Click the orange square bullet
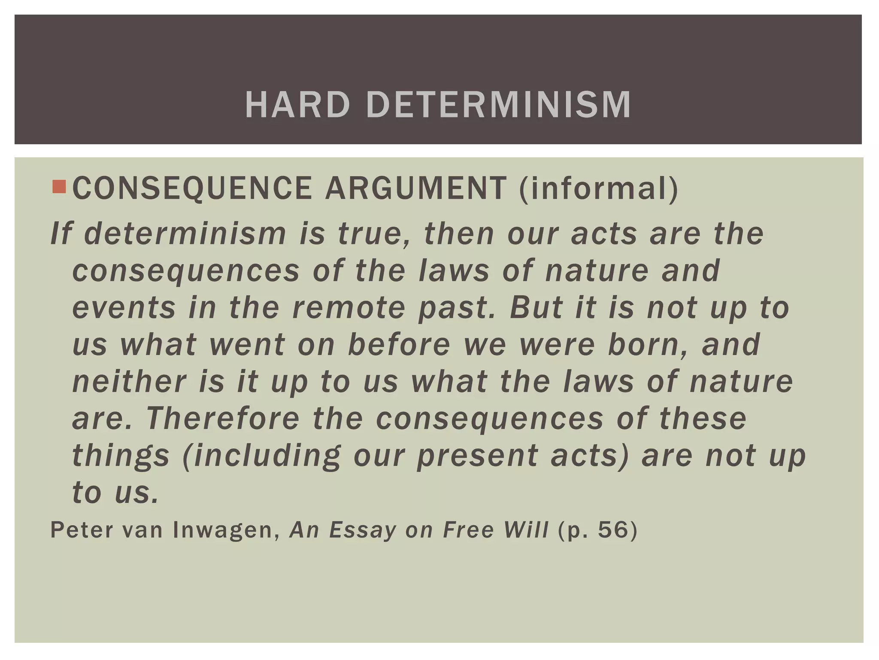[59, 186]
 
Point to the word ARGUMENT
[416, 189]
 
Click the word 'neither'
[129, 382]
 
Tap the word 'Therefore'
[223, 419]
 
